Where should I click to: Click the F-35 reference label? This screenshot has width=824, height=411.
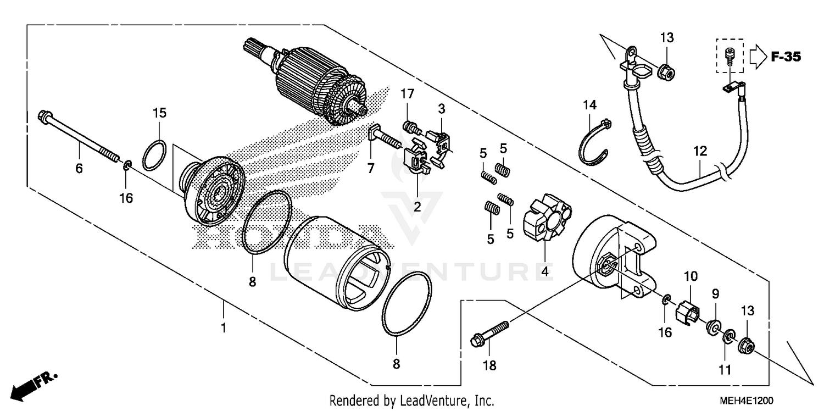pos(786,57)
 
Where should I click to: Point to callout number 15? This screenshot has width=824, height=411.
pos(159,113)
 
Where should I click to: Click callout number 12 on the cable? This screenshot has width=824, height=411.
pos(700,151)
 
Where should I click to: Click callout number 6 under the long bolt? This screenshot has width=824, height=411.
pos(79,168)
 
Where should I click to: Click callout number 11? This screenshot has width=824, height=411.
pos(725,370)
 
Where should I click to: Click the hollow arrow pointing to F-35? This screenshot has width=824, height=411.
pos(756,57)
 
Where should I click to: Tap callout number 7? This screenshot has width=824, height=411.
pos(371,168)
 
